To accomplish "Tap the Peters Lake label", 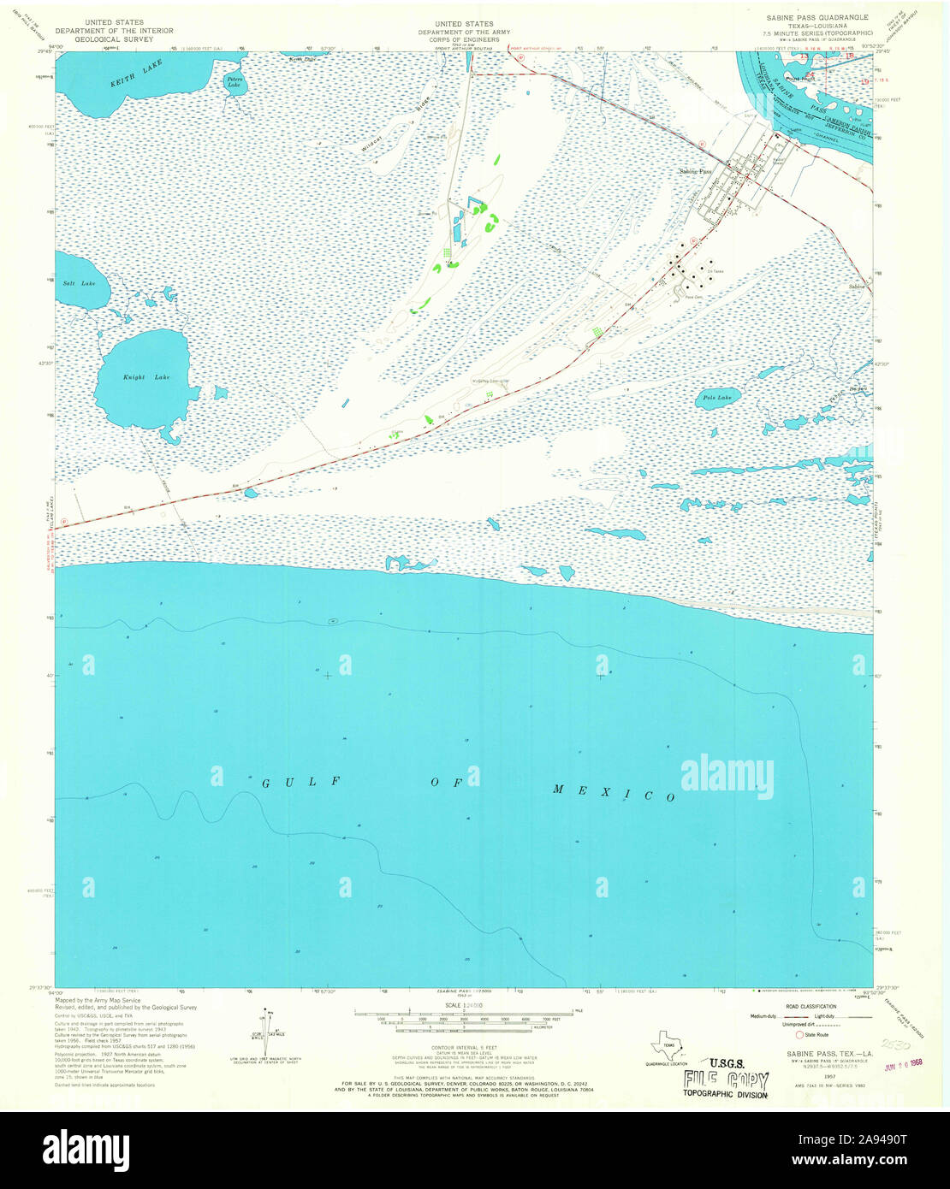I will (x=234, y=82).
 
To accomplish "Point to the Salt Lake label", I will (x=73, y=283).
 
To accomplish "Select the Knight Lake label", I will (x=134, y=377).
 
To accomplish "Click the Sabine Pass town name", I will (x=695, y=171).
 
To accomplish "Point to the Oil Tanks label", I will (x=715, y=272).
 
